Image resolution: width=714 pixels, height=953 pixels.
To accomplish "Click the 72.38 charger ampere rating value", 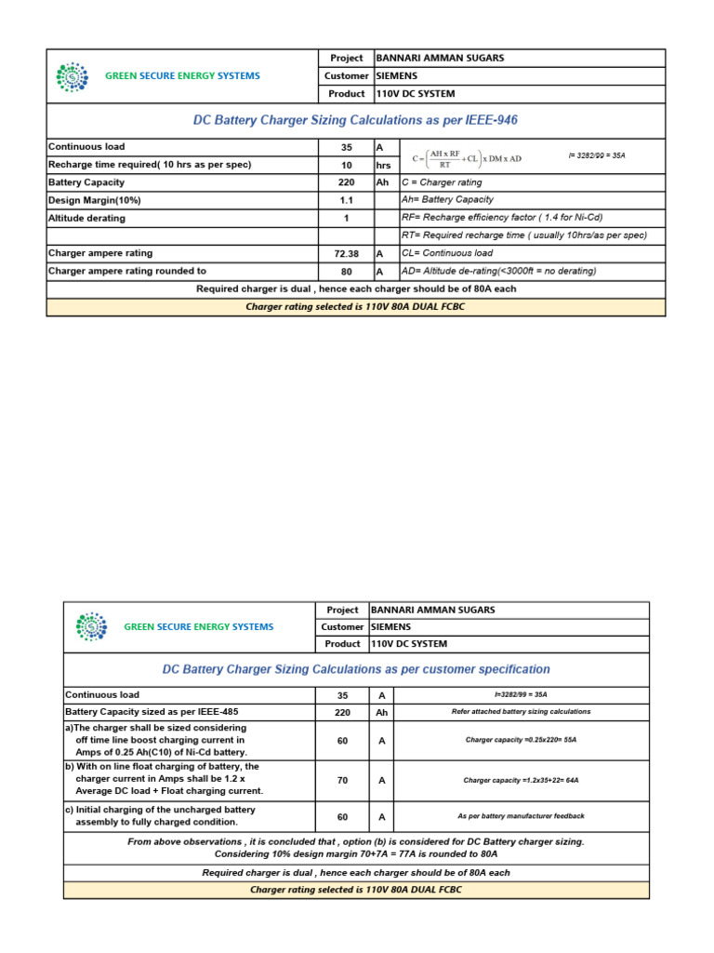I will click(x=346, y=253).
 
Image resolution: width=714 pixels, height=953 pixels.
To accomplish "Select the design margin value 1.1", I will click(x=346, y=200).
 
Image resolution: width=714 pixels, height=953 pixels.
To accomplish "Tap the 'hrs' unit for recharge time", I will click(x=383, y=165).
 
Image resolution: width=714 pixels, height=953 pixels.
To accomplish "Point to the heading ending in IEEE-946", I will click(x=356, y=121).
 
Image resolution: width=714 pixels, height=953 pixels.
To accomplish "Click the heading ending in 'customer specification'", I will click(x=356, y=669).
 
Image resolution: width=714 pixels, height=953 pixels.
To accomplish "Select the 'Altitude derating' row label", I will click(x=86, y=218).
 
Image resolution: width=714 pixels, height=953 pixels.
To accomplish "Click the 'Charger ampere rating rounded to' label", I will click(x=127, y=271).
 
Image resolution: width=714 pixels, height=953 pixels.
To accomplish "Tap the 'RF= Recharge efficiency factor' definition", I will click(x=501, y=218).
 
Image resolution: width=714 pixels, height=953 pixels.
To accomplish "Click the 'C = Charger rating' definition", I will click(x=442, y=182).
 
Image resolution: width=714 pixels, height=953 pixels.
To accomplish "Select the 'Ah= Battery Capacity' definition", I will click(x=447, y=200).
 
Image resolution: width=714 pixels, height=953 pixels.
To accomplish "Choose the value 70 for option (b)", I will click(x=342, y=781).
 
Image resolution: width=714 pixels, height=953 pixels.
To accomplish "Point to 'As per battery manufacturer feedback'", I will click(x=521, y=816).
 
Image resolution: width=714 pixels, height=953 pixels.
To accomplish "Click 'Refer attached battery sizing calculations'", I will click(x=521, y=712).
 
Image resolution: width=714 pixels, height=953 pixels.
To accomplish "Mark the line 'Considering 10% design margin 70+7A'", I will click(x=356, y=853).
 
